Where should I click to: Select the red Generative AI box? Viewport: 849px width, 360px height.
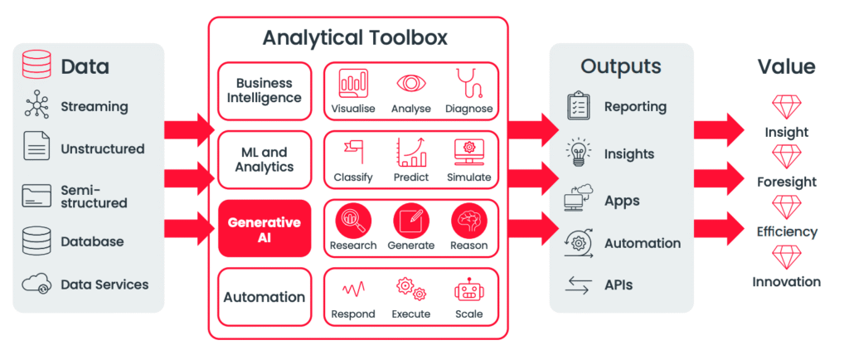click(x=264, y=229)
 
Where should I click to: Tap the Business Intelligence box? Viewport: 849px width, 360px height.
click(x=264, y=90)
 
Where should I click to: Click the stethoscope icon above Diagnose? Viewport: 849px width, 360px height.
click(x=468, y=84)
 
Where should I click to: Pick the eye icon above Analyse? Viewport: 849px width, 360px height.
click(x=410, y=84)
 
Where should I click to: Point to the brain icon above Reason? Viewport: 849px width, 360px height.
click(x=468, y=221)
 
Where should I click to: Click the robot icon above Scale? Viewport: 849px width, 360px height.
click(x=468, y=289)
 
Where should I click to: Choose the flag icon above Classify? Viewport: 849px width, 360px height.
click(x=352, y=152)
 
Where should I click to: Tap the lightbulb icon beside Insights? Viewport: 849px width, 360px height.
click(x=578, y=153)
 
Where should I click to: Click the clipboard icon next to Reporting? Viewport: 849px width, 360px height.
click(x=578, y=106)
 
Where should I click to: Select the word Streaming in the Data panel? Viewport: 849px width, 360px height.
click(x=95, y=107)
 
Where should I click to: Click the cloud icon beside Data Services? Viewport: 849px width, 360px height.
click(x=36, y=285)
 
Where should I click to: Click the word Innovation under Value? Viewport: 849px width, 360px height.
click(x=786, y=282)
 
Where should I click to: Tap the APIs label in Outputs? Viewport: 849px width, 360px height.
click(x=619, y=285)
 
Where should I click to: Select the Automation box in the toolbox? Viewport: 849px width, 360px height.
click(x=264, y=297)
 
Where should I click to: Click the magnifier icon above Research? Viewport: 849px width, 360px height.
click(x=352, y=221)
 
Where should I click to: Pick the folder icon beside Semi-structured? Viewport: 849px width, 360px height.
click(x=36, y=196)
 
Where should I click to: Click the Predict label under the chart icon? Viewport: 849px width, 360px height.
click(x=410, y=178)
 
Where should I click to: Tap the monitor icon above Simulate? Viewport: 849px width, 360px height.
click(x=468, y=152)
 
